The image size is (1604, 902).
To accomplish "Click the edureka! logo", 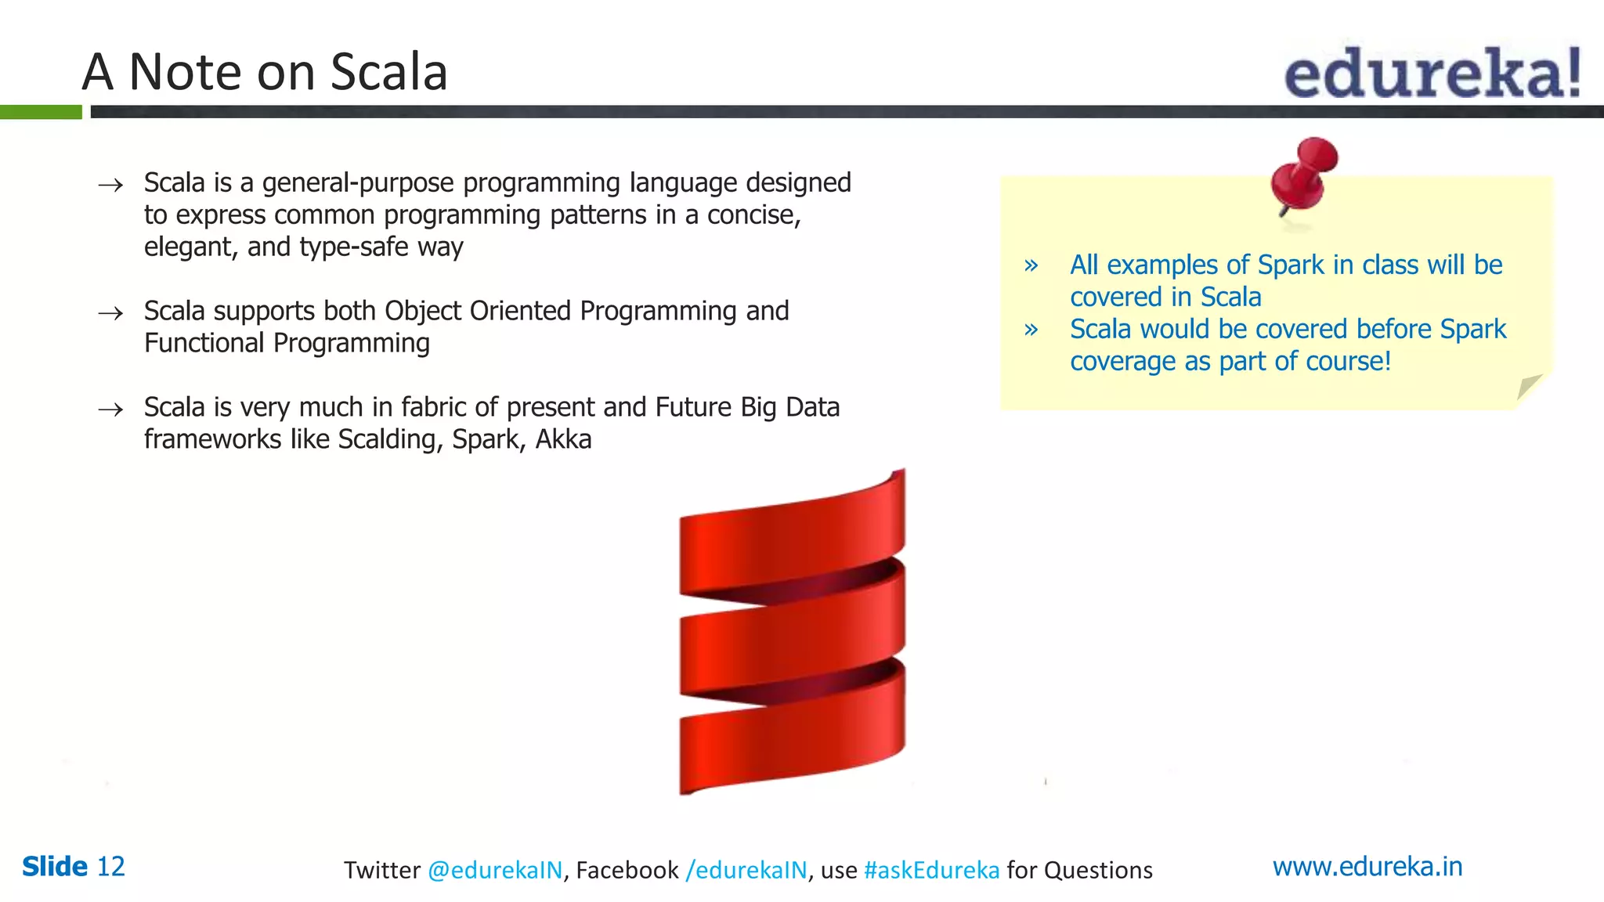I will click(x=1432, y=73).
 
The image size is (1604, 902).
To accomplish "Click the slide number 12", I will click(x=110, y=866).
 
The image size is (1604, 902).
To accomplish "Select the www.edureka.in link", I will click(x=1367, y=866).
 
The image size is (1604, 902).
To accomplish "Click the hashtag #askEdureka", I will click(x=931, y=870).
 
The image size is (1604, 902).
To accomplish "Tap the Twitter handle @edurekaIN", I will click(x=495, y=870).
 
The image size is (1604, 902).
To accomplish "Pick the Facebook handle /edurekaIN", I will click(x=746, y=870).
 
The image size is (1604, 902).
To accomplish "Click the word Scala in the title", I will click(x=388, y=72).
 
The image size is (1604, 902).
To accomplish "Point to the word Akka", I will click(x=563, y=439).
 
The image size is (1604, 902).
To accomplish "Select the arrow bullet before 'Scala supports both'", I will click(x=110, y=313).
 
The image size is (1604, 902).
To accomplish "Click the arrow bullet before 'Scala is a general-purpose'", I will click(x=110, y=185).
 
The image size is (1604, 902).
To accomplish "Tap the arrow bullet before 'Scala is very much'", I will click(x=110, y=410).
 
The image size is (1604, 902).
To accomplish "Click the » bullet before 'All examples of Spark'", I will click(x=1031, y=265).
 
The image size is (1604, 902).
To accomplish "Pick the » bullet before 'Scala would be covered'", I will click(x=1031, y=330).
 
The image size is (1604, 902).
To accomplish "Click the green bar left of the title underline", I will click(x=41, y=112).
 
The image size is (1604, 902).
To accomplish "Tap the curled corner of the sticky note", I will click(x=1529, y=388).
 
